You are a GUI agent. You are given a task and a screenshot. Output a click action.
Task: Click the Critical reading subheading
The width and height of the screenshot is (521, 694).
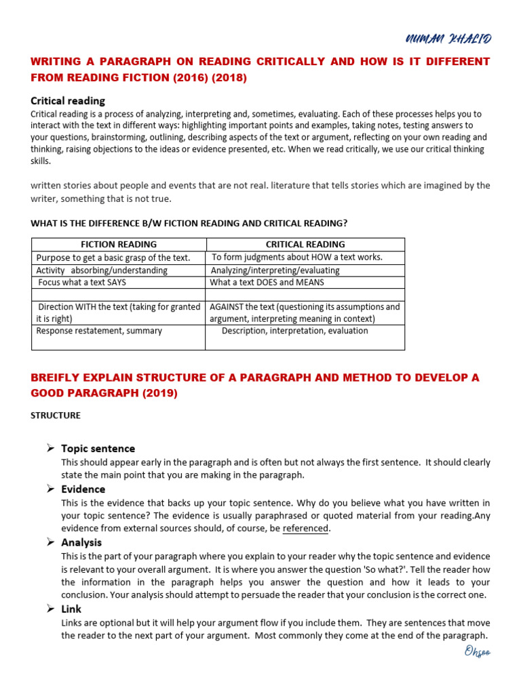click(x=68, y=100)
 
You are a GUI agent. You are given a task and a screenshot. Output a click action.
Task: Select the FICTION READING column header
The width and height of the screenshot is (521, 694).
click(x=119, y=244)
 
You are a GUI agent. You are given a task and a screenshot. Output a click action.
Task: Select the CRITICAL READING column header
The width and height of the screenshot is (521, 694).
click(x=305, y=244)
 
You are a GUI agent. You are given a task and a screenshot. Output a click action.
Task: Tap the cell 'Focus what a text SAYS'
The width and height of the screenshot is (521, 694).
click(x=82, y=282)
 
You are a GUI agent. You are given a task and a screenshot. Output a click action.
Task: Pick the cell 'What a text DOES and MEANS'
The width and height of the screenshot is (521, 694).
click(x=267, y=282)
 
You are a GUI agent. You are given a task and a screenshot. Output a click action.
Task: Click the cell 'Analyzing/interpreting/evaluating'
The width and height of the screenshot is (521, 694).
click(x=275, y=270)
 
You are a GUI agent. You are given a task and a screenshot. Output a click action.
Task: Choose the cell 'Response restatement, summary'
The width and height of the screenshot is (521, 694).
click(x=99, y=331)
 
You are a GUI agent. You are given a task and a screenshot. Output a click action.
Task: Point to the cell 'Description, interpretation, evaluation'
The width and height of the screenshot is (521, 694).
click(x=294, y=331)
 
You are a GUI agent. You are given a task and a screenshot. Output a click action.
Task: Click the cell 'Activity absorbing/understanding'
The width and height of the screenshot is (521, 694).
click(x=102, y=270)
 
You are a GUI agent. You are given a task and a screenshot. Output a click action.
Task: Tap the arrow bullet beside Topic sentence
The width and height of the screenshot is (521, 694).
click(x=50, y=448)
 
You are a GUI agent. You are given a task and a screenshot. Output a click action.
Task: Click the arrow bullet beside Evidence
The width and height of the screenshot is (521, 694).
click(x=50, y=489)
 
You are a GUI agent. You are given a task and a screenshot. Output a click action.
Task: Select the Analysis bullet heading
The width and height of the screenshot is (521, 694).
click(x=81, y=542)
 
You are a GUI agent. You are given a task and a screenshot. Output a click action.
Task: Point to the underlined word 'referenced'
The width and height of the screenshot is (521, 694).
click(x=305, y=529)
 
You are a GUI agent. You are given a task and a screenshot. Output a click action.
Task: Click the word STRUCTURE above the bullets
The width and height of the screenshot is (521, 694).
click(x=56, y=415)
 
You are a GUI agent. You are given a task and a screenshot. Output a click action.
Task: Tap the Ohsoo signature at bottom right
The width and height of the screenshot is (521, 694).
click(x=477, y=652)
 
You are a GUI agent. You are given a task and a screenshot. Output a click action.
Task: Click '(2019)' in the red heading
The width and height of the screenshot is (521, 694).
click(x=159, y=394)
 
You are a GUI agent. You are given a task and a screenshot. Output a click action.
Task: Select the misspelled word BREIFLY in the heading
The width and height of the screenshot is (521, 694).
click(x=57, y=377)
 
